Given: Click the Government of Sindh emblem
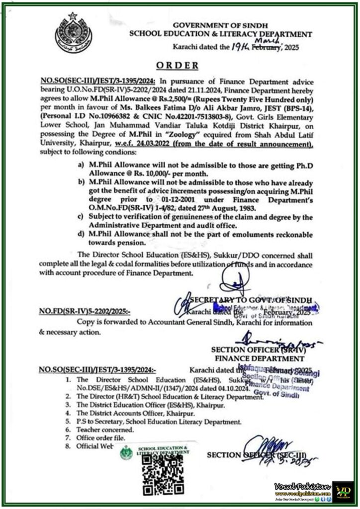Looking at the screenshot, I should click(73, 33).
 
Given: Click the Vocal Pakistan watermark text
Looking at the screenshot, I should click(301, 484).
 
